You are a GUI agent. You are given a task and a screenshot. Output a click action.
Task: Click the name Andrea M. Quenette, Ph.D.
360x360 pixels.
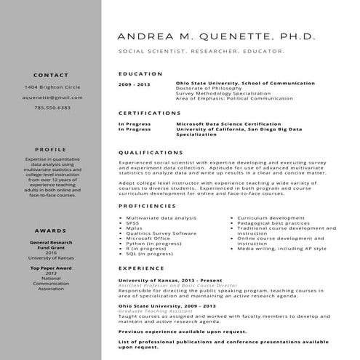(x=216, y=35)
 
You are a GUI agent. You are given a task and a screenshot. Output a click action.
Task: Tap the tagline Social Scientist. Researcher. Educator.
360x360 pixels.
(x=201, y=52)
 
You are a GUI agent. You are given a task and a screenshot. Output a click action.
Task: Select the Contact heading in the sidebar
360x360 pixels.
(x=51, y=75)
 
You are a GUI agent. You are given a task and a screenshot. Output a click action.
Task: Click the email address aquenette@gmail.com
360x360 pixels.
(x=52, y=97)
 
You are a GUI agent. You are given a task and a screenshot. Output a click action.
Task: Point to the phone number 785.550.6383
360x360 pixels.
(x=52, y=108)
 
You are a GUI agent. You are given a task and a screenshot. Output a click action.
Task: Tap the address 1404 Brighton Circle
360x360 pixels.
(x=52, y=87)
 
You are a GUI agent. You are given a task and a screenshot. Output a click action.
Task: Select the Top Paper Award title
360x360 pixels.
(x=51, y=268)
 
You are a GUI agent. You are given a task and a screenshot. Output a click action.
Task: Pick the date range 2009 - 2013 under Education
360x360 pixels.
(x=135, y=84)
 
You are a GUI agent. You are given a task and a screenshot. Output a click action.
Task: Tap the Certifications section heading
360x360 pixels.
(x=149, y=113)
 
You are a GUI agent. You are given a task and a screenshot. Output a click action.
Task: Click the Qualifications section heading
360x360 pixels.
(x=151, y=152)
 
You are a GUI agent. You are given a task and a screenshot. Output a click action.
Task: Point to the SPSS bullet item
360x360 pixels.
(x=132, y=223)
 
